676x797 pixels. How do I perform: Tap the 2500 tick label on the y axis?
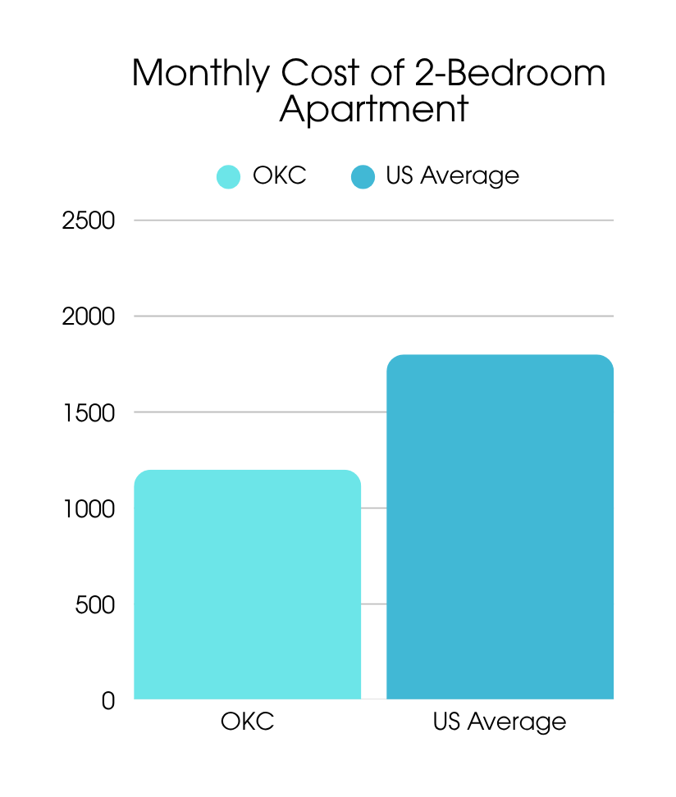(88, 221)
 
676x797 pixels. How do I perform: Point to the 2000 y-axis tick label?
(88, 317)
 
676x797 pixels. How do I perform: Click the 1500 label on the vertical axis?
(88, 412)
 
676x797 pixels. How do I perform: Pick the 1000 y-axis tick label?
(88, 508)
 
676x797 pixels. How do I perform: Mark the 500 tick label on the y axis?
(94, 604)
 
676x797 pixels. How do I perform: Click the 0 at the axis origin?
(108, 701)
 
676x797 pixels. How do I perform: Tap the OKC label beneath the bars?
(247, 722)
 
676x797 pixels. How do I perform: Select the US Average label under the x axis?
(500, 722)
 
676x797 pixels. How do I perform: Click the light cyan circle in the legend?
(228, 176)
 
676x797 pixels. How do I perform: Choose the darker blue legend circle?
(363, 176)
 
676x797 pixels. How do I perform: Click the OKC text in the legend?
(279, 175)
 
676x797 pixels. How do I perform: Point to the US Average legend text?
(452, 175)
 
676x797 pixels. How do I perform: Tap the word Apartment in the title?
(373, 109)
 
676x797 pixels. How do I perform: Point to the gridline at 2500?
(373, 221)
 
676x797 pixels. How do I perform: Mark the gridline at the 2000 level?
(373, 317)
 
